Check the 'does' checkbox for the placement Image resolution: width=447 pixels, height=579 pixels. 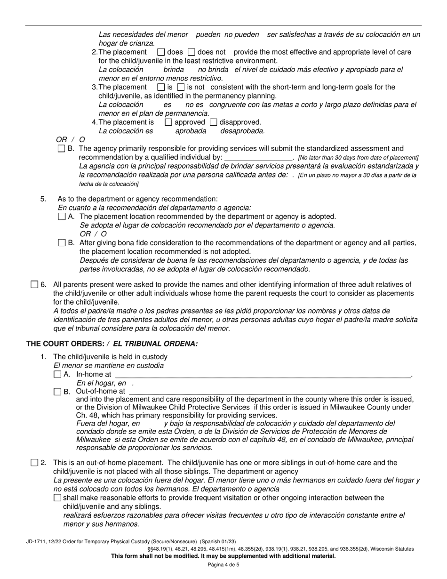click(161, 52)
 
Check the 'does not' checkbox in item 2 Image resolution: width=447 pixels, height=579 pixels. click(192, 52)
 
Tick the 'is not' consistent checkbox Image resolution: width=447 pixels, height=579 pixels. click(181, 87)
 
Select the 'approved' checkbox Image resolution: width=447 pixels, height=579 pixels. click(168, 122)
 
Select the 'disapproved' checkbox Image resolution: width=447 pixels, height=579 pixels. click(214, 122)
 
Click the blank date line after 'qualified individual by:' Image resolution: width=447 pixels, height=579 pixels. click(258, 157)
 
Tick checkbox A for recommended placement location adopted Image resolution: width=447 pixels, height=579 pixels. click(62, 217)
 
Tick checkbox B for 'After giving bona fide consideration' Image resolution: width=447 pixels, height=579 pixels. click(62, 243)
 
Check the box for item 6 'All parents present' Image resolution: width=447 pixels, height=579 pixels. click(34, 284)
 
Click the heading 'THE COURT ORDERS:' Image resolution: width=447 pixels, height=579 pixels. click(64, 344)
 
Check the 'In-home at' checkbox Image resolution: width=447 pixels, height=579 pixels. click(57, 375)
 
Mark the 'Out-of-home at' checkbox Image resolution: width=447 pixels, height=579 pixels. click(57, 392)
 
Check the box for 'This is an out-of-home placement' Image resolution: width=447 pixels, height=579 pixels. click(34, 463)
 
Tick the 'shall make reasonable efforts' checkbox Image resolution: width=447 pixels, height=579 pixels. click(57, 498)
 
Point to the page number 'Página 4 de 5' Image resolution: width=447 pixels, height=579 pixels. click(223, 564)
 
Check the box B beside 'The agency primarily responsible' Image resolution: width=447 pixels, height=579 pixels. click(62, 149)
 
